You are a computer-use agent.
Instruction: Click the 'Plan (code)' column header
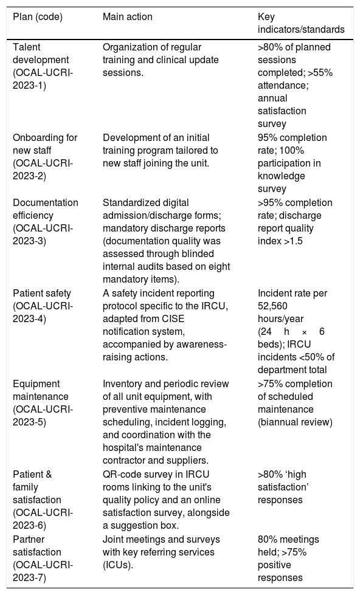click(x=38, y=16)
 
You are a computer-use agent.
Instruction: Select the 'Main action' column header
click(x=128, y=16)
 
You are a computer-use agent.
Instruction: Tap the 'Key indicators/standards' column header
click(x=301, y=23)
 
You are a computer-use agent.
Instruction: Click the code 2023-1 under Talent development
click(x=29, y=85)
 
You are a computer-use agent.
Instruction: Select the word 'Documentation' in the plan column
click(x=46, y=202)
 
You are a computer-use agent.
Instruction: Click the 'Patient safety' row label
click(x=42, y=294)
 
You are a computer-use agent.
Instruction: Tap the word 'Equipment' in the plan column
click(x=36, y=383)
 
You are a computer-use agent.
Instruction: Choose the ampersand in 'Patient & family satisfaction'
click(x=48, y=474)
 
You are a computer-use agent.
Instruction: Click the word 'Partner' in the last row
click(x=29, y=539)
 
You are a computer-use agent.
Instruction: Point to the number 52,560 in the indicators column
click(x=272, y=306)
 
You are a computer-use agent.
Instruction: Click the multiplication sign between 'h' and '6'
click(x=304, y=332)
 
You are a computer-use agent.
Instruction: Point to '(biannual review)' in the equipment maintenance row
click(x=295, y=422)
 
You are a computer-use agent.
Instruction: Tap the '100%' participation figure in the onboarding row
click(x=292, y=150)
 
